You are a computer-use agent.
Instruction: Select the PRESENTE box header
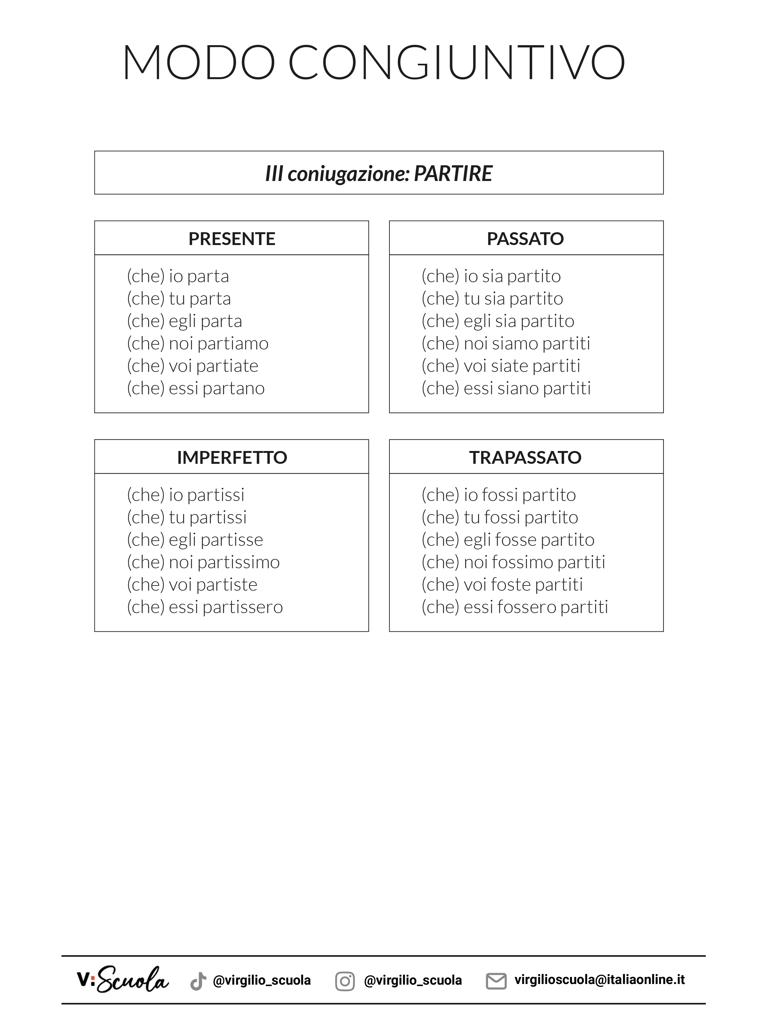point(232,239)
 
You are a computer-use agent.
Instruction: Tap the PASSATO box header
point(526,239)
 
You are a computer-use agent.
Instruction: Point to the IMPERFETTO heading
point(232,457)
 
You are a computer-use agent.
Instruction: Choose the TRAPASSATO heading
point(526,457)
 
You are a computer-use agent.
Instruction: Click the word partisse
point(232,540)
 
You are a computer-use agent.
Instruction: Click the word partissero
point(242,607)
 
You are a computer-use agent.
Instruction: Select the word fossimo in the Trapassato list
point(522,562)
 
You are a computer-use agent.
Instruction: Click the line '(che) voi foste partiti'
point(502,585)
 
